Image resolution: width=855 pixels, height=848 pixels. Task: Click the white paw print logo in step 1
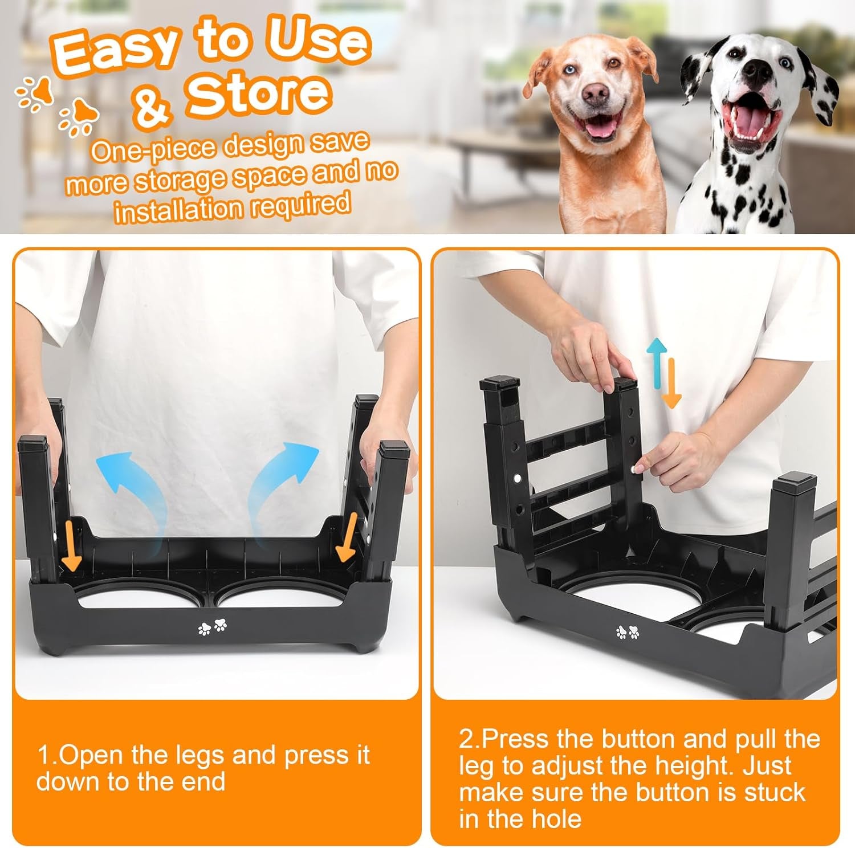[x=213, y=627]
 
